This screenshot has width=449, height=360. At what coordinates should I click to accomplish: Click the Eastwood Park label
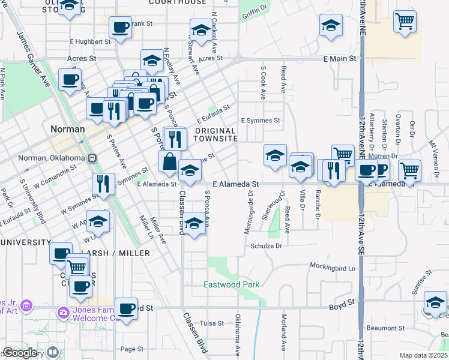(231, 284)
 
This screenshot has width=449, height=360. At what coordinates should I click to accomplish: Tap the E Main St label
(340, 59)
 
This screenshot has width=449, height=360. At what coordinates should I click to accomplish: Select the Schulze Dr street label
(266, 246)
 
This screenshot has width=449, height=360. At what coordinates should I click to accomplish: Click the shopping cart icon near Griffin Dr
(405, 22)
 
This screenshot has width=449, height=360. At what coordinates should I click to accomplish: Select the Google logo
(20, 353)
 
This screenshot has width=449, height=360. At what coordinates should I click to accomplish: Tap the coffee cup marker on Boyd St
(126, 308)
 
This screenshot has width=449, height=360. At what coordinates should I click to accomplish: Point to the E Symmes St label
(261, 121)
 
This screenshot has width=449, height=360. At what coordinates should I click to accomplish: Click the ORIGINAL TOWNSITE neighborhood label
(215, 134)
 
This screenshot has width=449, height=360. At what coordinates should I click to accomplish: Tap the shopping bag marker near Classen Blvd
(169, 161)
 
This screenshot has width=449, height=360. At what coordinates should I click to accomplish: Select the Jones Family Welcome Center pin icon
(64, 313)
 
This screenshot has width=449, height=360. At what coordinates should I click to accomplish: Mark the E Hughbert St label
(90, 42)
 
